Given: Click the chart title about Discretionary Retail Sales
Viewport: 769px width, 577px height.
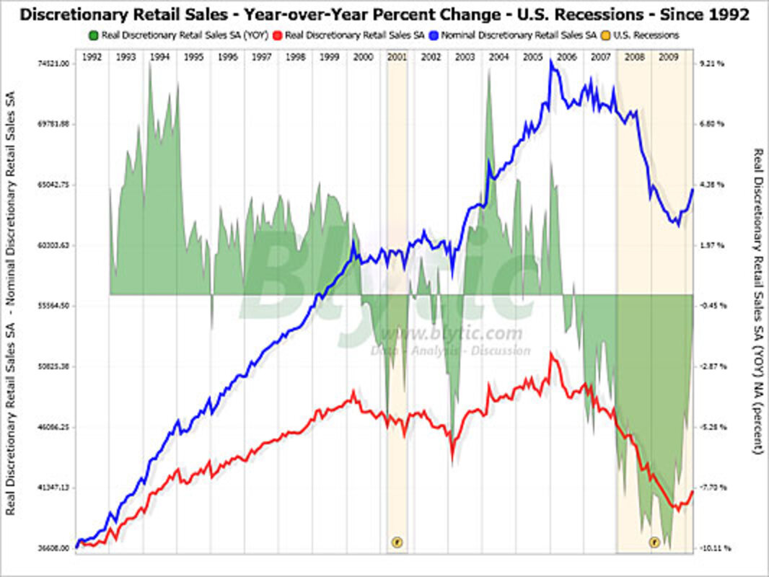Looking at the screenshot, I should point(384,14).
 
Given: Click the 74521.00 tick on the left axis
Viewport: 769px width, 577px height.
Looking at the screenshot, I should point(53,63).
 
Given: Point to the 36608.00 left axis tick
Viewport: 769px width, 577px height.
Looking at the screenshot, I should point(53,548).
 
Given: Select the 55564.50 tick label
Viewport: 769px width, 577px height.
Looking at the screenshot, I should point(53,306).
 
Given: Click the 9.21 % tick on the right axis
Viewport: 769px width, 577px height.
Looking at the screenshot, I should point(711,63).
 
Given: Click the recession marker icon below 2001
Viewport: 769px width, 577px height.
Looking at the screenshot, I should point(396,541).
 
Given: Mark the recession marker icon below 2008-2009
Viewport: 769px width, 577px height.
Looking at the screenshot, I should point(654,541).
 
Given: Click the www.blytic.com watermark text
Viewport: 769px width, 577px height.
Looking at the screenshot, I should point(451,333).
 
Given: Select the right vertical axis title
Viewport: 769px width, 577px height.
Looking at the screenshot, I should point(757,301).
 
